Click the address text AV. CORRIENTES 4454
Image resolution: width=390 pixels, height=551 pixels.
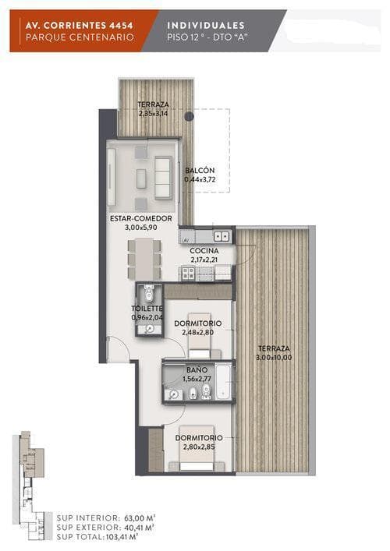(x=79, y=25)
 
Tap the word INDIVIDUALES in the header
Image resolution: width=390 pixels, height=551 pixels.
(x=206, y=25)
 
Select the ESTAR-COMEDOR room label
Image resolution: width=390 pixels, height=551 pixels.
(x=141, y=218)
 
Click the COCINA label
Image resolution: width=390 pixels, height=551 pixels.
(x=204, y=251)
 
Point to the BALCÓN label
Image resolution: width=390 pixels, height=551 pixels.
(x=200, y=171)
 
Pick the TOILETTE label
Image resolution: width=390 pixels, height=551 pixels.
(x=147, y=309)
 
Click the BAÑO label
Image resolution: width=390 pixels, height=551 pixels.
(x=197, y=370)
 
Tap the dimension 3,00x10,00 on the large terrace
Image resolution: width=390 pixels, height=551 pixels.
(x=275, y=358)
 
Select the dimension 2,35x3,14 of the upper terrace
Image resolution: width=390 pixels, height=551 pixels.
(x=153, y=114)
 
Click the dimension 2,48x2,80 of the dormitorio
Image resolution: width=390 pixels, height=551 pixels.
(x=198, y=333)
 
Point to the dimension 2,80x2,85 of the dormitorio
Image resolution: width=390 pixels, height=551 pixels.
(x=199, y=447)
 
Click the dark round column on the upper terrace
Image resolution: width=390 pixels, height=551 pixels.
(x=190, y=115)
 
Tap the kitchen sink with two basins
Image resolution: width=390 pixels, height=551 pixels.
(x=222, y=236)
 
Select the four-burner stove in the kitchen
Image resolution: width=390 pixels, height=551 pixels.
(x=188, y=274)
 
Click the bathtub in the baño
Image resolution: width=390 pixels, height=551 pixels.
(x=223, y=382)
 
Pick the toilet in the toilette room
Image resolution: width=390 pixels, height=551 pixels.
(x=149, y=292)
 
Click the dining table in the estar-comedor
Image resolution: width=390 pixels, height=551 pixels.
(x=144, y=260)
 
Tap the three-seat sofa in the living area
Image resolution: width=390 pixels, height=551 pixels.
(x=163, y=178)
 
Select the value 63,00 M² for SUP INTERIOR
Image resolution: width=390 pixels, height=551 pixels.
(x=140, y=518)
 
